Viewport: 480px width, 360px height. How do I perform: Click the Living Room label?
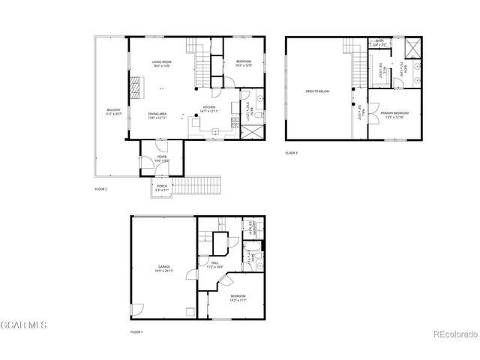coord(162,64)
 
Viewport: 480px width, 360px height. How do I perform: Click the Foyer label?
coord(162,158)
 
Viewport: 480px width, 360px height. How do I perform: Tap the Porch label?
coord(162,187)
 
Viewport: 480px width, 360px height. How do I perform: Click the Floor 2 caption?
coord(100,189)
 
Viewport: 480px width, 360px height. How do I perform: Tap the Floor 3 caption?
coord(291,153)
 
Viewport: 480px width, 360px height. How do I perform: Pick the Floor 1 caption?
coord(136,331)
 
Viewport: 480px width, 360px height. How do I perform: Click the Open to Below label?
coord(317,91)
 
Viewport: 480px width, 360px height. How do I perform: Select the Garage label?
coord(163,268)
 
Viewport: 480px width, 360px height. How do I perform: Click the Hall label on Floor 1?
coord(214,264)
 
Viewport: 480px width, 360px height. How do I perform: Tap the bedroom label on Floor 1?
coord(238,298)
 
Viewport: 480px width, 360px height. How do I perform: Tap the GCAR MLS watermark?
coord(24,325)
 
